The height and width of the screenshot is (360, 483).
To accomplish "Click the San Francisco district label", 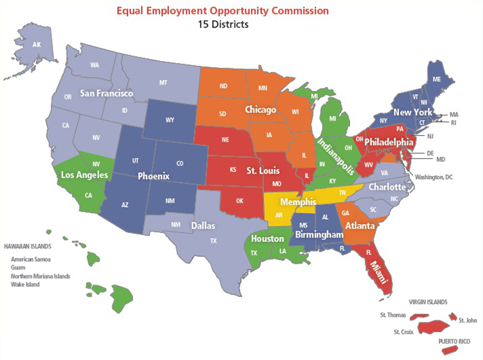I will click(x=107, y=93).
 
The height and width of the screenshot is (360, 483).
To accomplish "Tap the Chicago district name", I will click(x=261, y=110).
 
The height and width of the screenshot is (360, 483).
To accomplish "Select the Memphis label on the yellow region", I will click(x=298, y=202).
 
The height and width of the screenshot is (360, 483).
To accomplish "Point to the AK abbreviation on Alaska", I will click(x=37, y=45).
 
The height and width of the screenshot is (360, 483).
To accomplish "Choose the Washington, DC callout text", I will click(x=434, y=177).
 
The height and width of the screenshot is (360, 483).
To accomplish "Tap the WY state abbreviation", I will click(x=170, y=120).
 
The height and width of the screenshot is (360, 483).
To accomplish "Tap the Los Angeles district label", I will click(x=84, y=175).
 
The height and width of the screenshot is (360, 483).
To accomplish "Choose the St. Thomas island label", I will click(x=393, y=315).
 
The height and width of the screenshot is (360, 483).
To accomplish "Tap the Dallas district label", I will click(x=204, y=226).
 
